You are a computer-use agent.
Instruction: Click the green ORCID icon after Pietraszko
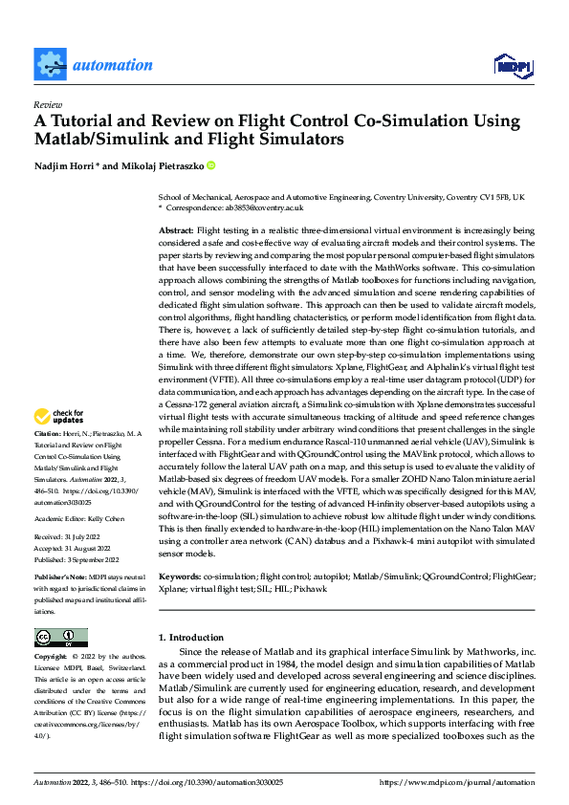point(211,164)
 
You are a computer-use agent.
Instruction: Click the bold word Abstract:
point(176,231)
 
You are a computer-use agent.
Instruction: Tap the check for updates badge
point(59,417)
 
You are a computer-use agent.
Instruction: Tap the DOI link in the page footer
point(230,782)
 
